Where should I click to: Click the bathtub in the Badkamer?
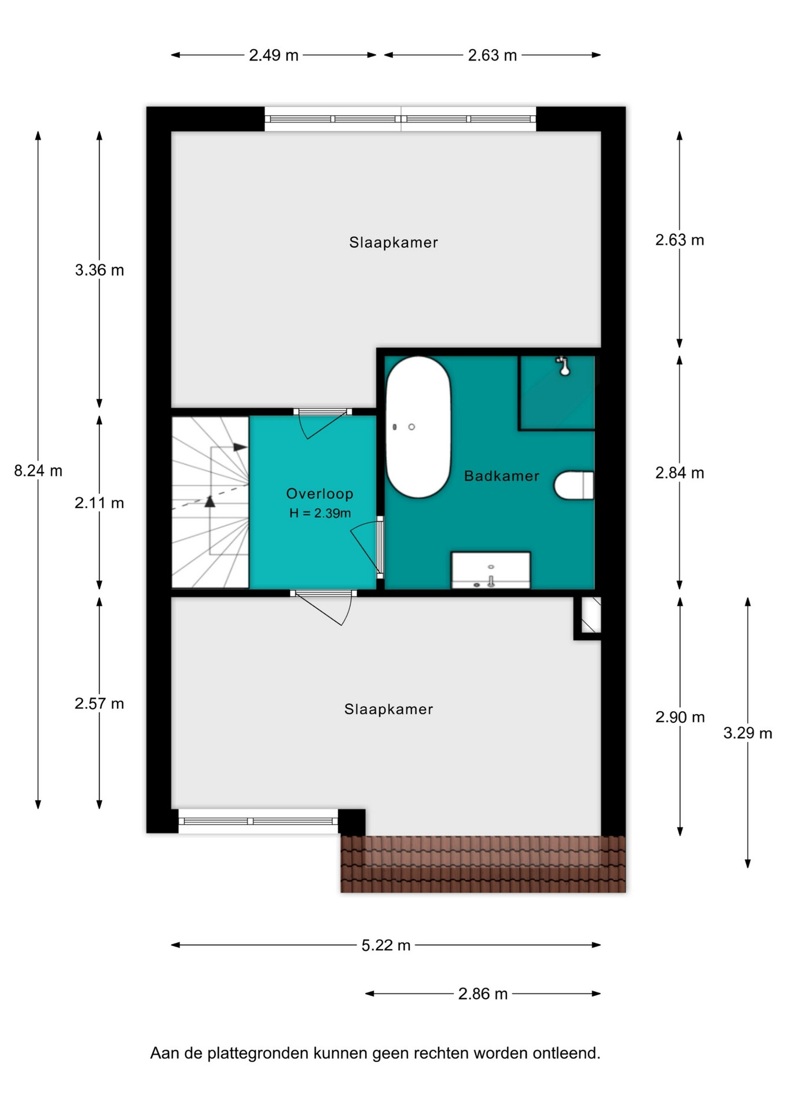(418, 427)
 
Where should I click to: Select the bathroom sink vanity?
(491, 570)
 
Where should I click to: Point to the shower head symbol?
(563, 366)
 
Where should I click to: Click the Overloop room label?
(319, 494)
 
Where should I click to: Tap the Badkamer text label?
(502, 476)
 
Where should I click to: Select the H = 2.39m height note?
(320, 513)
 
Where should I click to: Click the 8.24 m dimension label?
(38, 471)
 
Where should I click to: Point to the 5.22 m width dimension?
(386, 946)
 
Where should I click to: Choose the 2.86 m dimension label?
(483, 994)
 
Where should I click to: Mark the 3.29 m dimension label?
(748, 733)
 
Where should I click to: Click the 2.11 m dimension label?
(100, 503)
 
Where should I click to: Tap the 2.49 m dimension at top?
(274, 56)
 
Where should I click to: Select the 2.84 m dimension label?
(680, 473)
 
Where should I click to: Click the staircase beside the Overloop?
(210, 502)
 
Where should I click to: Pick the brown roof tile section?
(483, 864)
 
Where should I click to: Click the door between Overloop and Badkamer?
(380, 547)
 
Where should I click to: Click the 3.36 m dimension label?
(100, 270)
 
